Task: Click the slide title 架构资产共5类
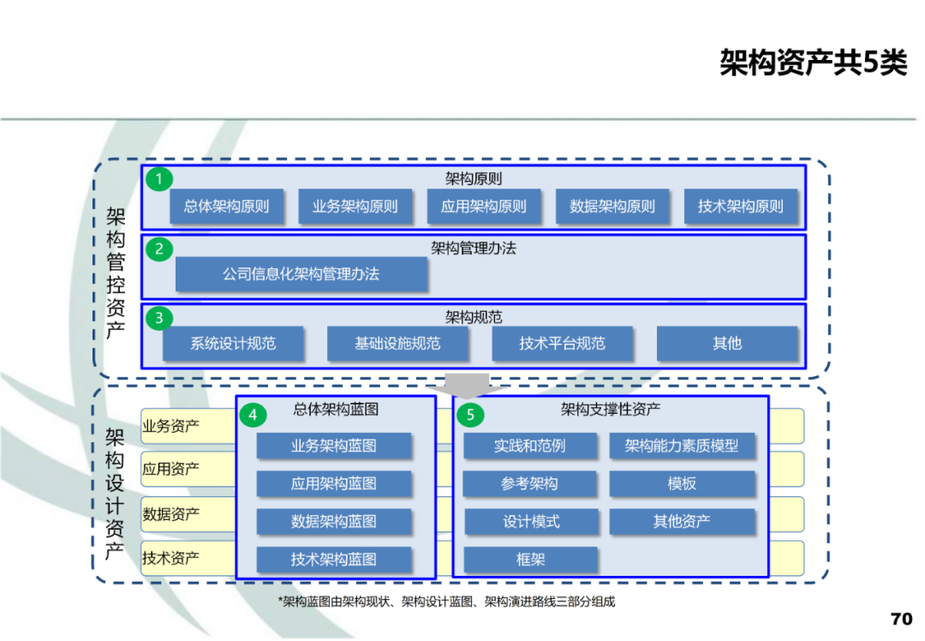[813, 63]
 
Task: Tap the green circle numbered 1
[158, 179]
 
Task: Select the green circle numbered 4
[253, 415]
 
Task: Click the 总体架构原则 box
[226, 207]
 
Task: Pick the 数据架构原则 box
[612, 207]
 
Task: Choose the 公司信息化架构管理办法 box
[301, 274]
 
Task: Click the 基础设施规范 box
[397, 344]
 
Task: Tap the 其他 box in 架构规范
[726, 344]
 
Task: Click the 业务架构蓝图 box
[333, 446]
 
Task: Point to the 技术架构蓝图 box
[333, 560]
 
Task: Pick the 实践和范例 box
[529, 446]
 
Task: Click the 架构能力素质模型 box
[682, 446]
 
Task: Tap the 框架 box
[529, 560]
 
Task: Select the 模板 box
[682, 483]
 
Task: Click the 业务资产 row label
[171, 426]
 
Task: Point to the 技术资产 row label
[171, 559]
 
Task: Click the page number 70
[901, 619]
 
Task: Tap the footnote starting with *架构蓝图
[446, 602]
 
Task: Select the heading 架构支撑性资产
[610, 410]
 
